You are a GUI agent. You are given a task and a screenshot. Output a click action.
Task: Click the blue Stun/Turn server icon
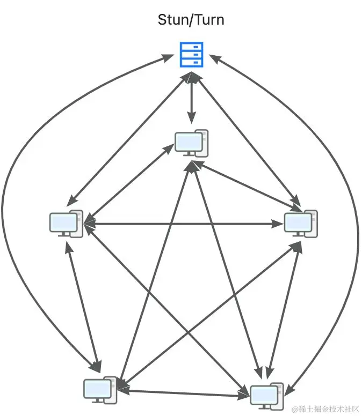pos(192,55)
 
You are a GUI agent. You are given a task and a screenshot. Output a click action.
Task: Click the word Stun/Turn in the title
pos(191,20)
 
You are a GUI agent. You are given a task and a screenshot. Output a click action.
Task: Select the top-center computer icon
pos(191,143)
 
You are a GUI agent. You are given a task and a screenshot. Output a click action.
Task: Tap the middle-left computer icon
pos(66,223)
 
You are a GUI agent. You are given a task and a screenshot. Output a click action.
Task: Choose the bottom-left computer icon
pos(100,390)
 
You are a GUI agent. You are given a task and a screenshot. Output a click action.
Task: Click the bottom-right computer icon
pos(267,395)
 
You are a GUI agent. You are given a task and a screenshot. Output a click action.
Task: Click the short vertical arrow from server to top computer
pos(192,99)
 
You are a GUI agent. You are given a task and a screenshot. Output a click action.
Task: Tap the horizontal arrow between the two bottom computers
pos(183,393)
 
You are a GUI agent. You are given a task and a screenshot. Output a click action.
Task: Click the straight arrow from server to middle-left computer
pos(129,139)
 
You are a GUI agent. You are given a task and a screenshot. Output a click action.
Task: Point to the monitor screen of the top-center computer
pos(188,142)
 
